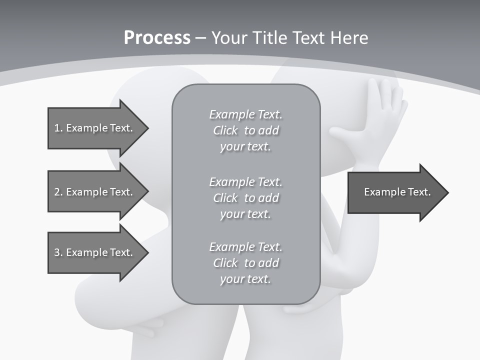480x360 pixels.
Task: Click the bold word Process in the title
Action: tap(157, 38)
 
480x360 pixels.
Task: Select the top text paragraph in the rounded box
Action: tap(245, 130)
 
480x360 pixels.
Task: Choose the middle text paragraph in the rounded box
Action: tap(245, 198)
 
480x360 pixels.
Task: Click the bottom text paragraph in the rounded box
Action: tap(245, 263)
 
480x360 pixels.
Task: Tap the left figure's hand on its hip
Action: tap(147, 327)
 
